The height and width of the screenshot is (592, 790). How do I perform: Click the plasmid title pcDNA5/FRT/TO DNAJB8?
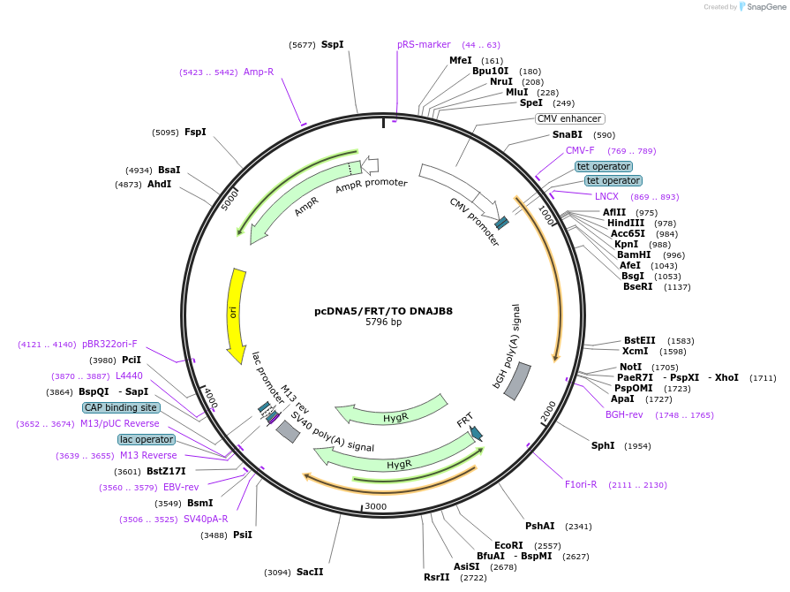coord(383,311)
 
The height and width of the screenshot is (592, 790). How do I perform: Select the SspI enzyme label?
coord(332,44)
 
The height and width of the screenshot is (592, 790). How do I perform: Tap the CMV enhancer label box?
coord(569,118)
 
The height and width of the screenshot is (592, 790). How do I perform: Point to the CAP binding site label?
coord(121,407)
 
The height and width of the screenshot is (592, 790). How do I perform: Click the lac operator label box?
coord(146,439)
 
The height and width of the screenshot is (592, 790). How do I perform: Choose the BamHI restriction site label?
coord(634,254)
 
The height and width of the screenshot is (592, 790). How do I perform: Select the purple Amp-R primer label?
coord(259,72)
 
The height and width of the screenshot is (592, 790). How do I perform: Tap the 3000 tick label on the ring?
coord(376,506)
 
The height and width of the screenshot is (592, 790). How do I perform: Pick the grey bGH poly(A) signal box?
coord(517,380)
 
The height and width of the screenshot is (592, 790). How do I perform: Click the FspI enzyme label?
coord(195,133)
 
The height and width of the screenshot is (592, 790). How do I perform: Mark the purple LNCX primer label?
coord(606,196)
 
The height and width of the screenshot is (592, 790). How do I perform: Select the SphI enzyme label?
coord(603,445)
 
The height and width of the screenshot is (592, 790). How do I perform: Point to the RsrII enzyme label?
coord(436,577)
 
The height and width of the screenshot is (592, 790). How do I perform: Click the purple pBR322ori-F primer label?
coord(109,344)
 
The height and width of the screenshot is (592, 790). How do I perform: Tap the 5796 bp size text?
coord(383,323)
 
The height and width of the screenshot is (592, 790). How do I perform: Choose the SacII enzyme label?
coord(310,572)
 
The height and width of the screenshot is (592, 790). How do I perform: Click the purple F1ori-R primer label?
coord(581,484)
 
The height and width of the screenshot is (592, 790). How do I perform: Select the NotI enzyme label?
coord(630,367)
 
